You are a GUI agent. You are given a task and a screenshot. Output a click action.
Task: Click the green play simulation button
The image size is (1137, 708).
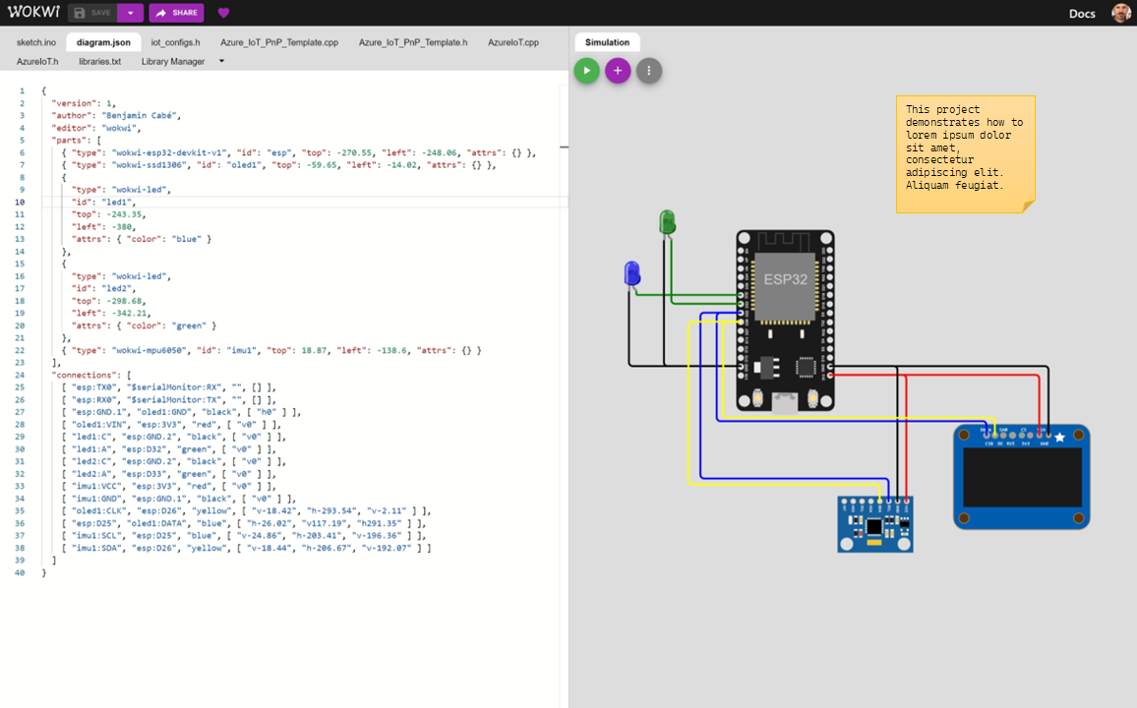[x=587, y=70]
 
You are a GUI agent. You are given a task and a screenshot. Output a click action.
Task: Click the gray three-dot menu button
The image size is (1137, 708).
[x=648, y=70]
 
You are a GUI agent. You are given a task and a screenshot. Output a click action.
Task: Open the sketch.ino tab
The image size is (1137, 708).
[x=36, y=42]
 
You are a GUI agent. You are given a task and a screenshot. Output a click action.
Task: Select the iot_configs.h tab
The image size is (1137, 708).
[x=175, y=42]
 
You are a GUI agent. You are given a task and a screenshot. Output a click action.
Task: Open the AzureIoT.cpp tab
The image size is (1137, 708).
[x=513, y=42]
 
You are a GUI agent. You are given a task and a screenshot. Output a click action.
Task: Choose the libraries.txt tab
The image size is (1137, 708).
[x=99, y=61]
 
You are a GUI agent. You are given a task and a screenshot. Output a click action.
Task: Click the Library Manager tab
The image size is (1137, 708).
[x=173, y=61]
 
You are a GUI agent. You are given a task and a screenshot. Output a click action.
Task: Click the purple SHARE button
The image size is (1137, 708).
[x=176, y=13]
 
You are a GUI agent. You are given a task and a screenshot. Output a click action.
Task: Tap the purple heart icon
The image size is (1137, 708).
[x=223, y=13]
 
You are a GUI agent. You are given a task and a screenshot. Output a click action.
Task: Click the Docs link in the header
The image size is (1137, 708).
[x=1082, y=13]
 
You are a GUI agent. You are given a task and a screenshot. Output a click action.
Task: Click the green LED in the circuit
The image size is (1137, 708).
[x=667, y=221]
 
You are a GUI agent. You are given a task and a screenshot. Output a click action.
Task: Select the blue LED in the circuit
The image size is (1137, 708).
[x=632, y=273]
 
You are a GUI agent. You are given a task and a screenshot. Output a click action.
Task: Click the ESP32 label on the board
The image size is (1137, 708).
[x=786, y=279]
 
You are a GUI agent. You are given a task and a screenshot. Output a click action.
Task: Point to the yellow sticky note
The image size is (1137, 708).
[x=965, y=153]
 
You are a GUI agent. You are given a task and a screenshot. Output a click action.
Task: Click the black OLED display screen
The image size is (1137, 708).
[x=1022, y=479]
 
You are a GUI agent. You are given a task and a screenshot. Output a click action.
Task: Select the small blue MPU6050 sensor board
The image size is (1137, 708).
[x=874, y=525]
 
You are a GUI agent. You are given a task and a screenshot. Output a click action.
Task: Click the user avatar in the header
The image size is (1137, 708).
[x=1121, y=13]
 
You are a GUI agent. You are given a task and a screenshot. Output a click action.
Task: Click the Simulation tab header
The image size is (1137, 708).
[x=607, y=42]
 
